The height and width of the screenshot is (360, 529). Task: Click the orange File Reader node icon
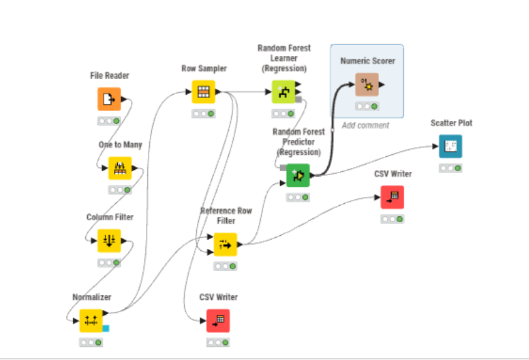[x=109, y=99]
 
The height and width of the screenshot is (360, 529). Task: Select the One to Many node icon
[x=120, y=168]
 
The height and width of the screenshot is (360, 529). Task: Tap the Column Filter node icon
[x=109, y=240]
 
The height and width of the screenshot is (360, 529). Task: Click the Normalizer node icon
[x=91, y=320]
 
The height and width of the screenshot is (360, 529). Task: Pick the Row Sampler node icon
[x=203, y=92]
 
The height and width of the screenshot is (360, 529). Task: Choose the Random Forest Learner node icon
[x=283, y=92]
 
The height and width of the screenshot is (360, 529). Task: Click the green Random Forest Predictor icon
[x=298, y=175]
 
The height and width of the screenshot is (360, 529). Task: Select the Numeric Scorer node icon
[x=367, y=85]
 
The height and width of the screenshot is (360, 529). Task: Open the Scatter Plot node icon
[x=450, y=146]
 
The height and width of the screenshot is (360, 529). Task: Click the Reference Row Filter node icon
[x=226, y=245]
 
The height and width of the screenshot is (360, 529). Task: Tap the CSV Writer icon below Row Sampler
[x=218, y=320]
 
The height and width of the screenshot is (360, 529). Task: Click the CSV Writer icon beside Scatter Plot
[x=392, y=197]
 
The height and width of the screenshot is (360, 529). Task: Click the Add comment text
[x=365, y=125]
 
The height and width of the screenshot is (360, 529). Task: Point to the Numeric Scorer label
[x=367, y=61]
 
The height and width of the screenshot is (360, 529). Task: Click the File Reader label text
[x=110, y=76]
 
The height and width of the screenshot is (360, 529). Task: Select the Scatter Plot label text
[x=451, y=123]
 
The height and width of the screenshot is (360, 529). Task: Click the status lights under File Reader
[x=109, y=121]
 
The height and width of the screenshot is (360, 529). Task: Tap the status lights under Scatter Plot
[x=450, y=168]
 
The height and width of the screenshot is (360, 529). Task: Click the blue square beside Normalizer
[x=106, y=328]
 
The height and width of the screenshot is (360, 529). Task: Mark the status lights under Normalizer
[x=91, y=342]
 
